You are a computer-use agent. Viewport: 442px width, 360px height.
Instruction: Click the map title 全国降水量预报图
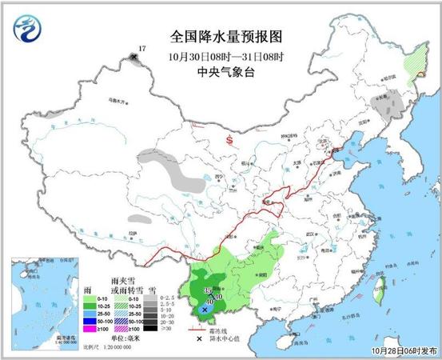pos(228,36)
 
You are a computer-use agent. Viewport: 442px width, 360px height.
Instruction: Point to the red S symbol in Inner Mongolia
pos(230,141)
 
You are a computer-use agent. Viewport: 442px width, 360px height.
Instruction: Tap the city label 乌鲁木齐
pos(117,102)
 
